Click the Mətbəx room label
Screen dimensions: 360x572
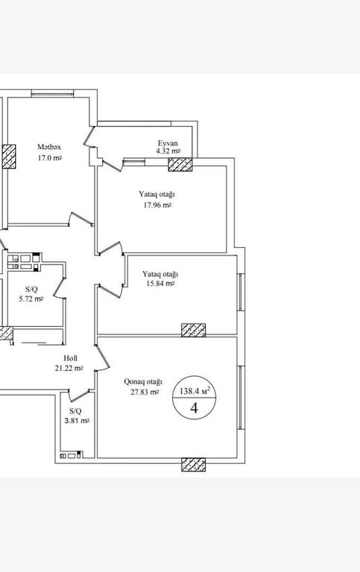tap(49, 147)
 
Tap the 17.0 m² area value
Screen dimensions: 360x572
tap(50, 159)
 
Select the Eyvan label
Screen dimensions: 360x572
tap(168, 143)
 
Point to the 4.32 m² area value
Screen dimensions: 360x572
tap(168, 151)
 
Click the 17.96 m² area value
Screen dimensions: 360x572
tap(157, 205)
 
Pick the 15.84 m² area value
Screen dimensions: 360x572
tap(160, 284)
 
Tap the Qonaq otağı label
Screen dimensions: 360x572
tap(143, 382)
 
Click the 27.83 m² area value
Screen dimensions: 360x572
tap(145, 393)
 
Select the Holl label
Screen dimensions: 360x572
tap(70, 358)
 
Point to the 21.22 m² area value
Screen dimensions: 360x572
tap(69, 369)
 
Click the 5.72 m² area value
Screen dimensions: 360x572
tap(31, 299)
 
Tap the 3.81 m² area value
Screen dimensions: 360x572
tap(77, 421)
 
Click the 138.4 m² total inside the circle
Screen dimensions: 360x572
tap(195, 392)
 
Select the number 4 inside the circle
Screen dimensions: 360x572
tap(195, 408)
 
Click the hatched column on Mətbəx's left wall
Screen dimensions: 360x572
tap(9, 156)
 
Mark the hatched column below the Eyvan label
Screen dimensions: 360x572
tap(180, 164)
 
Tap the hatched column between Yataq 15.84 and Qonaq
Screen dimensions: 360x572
tap(194, 330)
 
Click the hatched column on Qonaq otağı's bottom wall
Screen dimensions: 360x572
tap(194, 465)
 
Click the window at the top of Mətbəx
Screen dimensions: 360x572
tap(53, 93)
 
